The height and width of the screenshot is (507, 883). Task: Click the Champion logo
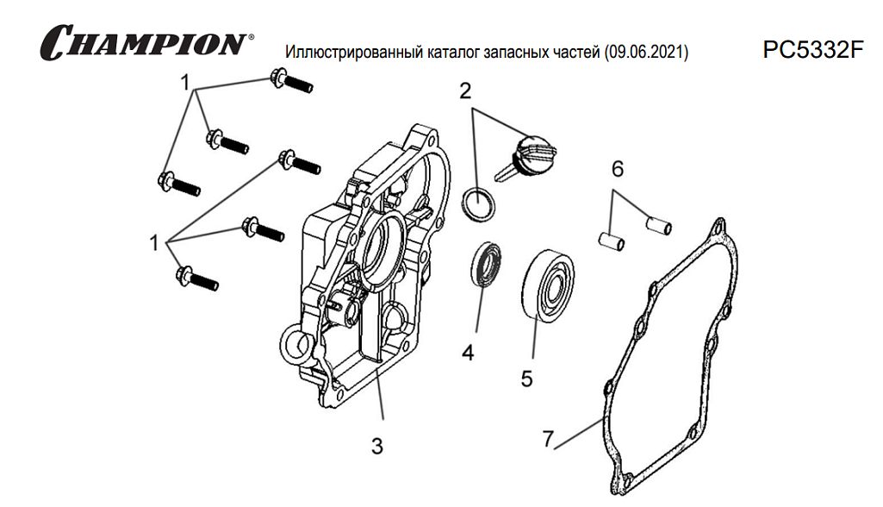[x=147, y=42]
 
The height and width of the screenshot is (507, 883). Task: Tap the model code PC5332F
[x=812, y=50]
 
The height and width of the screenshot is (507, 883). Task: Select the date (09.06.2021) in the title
[x=646, y=53]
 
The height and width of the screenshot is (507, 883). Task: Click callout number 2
[x=465, y=91]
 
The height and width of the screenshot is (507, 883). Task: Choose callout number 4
[x=468, y=353]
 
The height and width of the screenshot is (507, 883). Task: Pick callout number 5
[x=527, y=378]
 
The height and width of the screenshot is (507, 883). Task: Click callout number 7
[x=547, y=438]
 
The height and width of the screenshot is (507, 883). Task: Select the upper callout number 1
[x=184, y=83]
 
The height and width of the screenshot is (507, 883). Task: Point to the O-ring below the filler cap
[x=478, y=204]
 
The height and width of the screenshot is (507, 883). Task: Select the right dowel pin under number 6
[x=659, y=227]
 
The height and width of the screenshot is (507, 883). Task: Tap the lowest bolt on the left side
[x=196, y=278]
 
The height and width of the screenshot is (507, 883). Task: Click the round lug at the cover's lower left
[x=297, y=345]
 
